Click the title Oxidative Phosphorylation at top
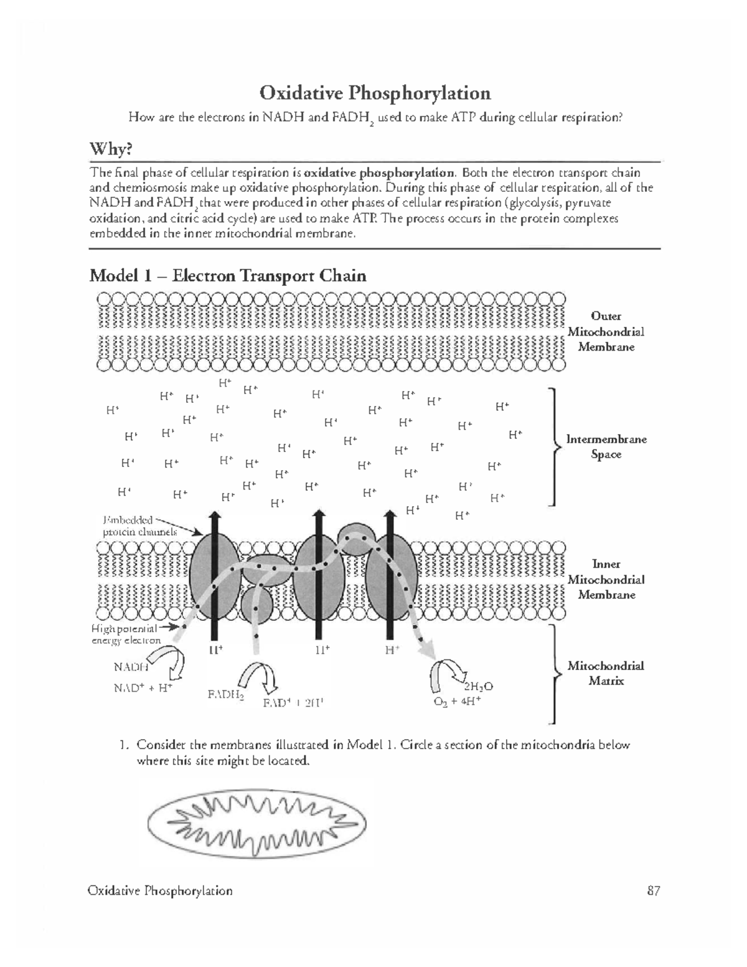point(375,93)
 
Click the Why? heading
point(111,149)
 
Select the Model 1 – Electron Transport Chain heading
point(227,275)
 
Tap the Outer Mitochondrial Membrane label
point(606,331)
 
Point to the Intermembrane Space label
point(606,446)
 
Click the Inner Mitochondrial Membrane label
point(606,579)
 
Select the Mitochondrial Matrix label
point(606,673)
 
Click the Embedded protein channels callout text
point(138,526)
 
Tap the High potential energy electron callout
point(126,634)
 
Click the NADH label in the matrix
point(130,667)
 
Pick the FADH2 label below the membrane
point(225,696)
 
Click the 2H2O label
point(477,686)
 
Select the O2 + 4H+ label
point(457,701)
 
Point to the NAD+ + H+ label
point(142,688)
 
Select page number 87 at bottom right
point(652,890)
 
